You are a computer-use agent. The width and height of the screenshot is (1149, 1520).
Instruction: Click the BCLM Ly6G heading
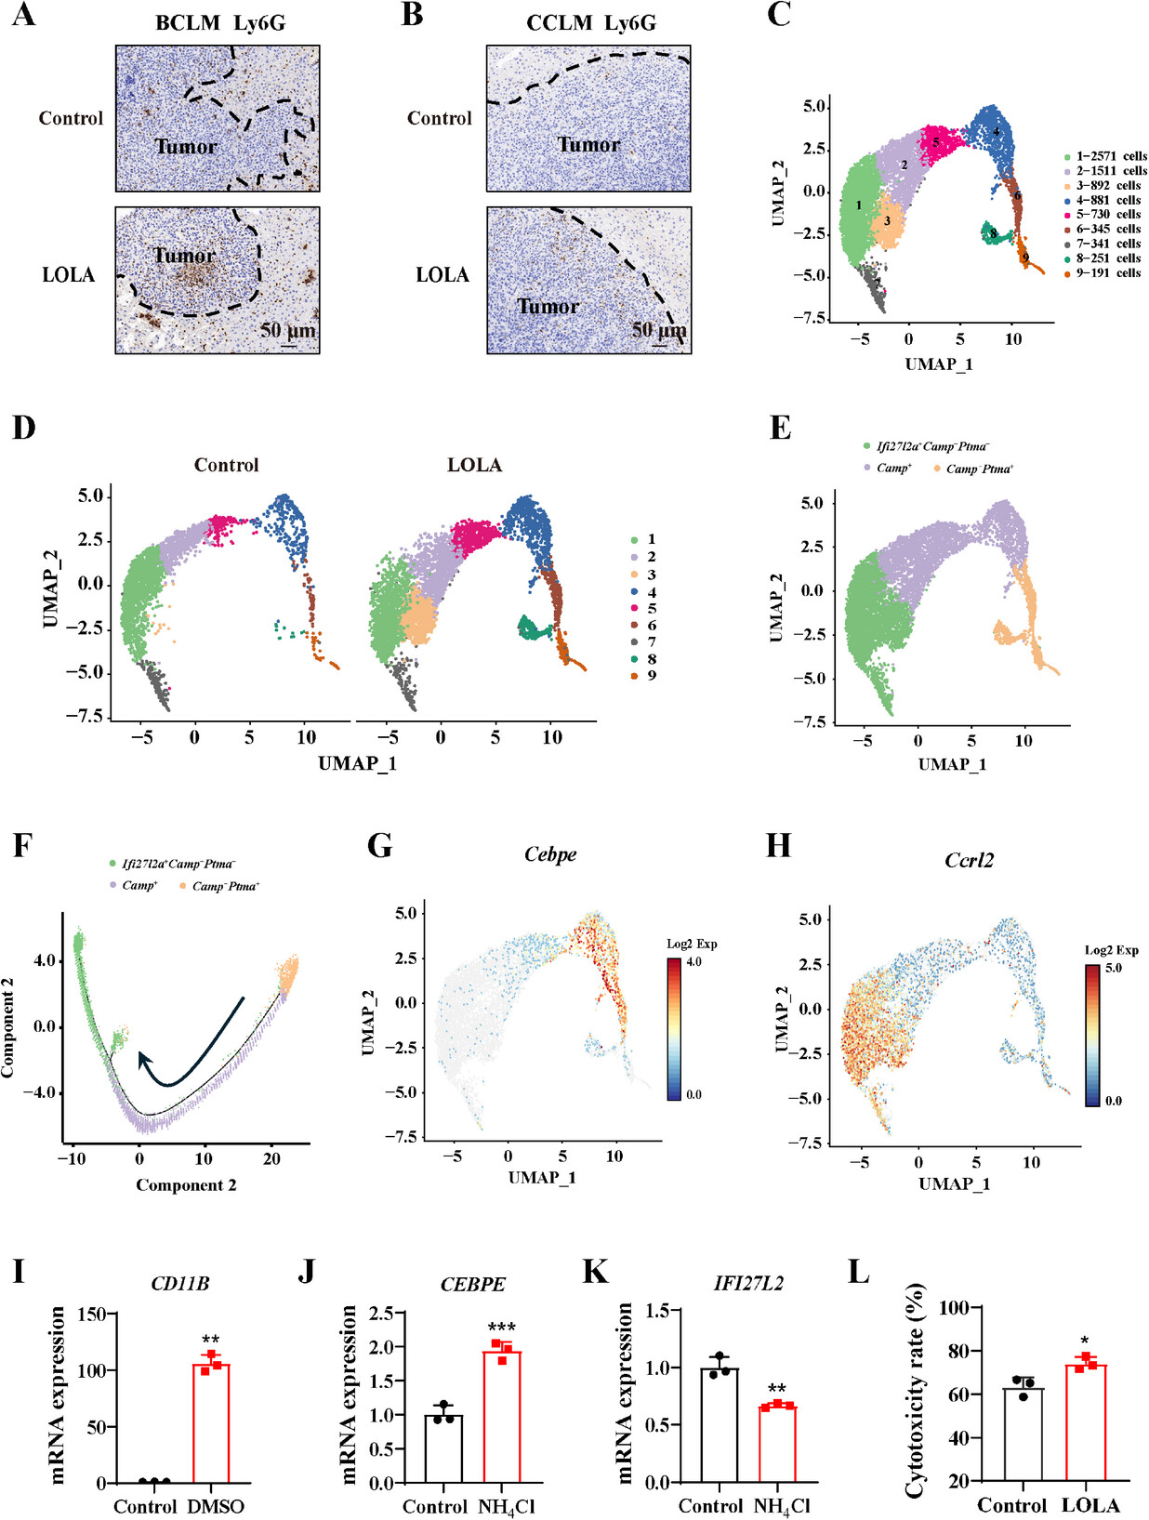220,23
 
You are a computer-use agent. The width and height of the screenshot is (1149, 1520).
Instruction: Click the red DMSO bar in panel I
211,1422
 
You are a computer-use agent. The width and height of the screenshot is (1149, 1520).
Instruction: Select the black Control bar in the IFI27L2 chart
720,1424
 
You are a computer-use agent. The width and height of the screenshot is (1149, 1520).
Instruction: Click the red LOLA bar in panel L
1086,1421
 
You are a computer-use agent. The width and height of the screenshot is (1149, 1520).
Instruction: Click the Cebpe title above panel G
550,853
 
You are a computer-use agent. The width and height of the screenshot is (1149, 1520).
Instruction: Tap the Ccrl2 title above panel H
969,860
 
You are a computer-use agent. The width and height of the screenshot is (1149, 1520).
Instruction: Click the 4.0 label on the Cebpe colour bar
693,962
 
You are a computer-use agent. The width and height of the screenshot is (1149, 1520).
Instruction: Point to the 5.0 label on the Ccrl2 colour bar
1113,968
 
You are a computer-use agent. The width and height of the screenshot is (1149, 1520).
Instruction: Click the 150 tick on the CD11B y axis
91,1314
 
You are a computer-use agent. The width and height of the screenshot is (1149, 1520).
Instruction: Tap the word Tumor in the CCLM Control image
588,144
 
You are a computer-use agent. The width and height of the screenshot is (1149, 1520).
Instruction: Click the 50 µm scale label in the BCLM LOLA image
287,330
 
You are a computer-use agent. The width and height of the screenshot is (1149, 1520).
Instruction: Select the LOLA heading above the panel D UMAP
474,465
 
